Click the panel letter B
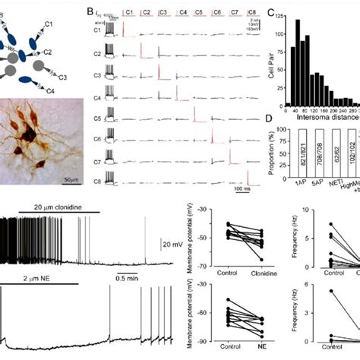(x=90, y=14)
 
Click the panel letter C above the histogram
(x=273, y=13)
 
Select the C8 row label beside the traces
(x=96, y=182)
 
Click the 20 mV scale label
(x=172, y=244)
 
